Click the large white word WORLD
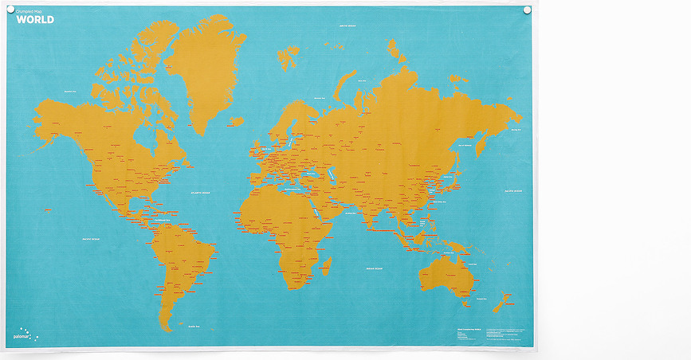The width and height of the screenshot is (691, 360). (35, 19)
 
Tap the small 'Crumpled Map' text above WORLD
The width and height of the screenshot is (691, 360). (29, 11)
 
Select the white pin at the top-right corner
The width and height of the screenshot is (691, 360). (525, 10)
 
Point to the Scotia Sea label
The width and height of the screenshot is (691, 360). (192, 327)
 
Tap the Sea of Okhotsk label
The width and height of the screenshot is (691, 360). (465, 145)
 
